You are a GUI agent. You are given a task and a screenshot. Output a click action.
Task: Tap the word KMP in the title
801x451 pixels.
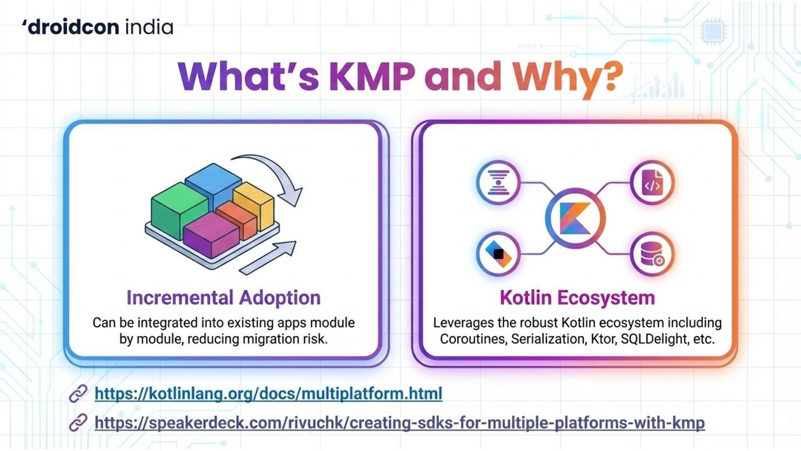click(372, 76)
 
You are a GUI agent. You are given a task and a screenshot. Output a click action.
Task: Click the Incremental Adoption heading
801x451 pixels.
click(224, 298)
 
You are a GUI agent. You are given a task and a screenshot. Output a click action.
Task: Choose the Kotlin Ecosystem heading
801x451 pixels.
click(577, 298)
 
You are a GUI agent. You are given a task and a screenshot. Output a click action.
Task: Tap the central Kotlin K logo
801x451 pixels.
click(575, 218)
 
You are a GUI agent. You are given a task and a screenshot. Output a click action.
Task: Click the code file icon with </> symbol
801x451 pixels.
click(652, 182)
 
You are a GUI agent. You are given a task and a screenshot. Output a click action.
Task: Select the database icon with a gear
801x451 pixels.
click(652, 254)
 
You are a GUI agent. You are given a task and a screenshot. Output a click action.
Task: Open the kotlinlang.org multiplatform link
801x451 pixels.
click(268, 393)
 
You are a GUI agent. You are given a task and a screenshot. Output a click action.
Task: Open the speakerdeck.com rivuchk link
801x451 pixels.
click(399, 423)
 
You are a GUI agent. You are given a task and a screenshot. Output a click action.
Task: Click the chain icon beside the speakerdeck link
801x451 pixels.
click(78, 423)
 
